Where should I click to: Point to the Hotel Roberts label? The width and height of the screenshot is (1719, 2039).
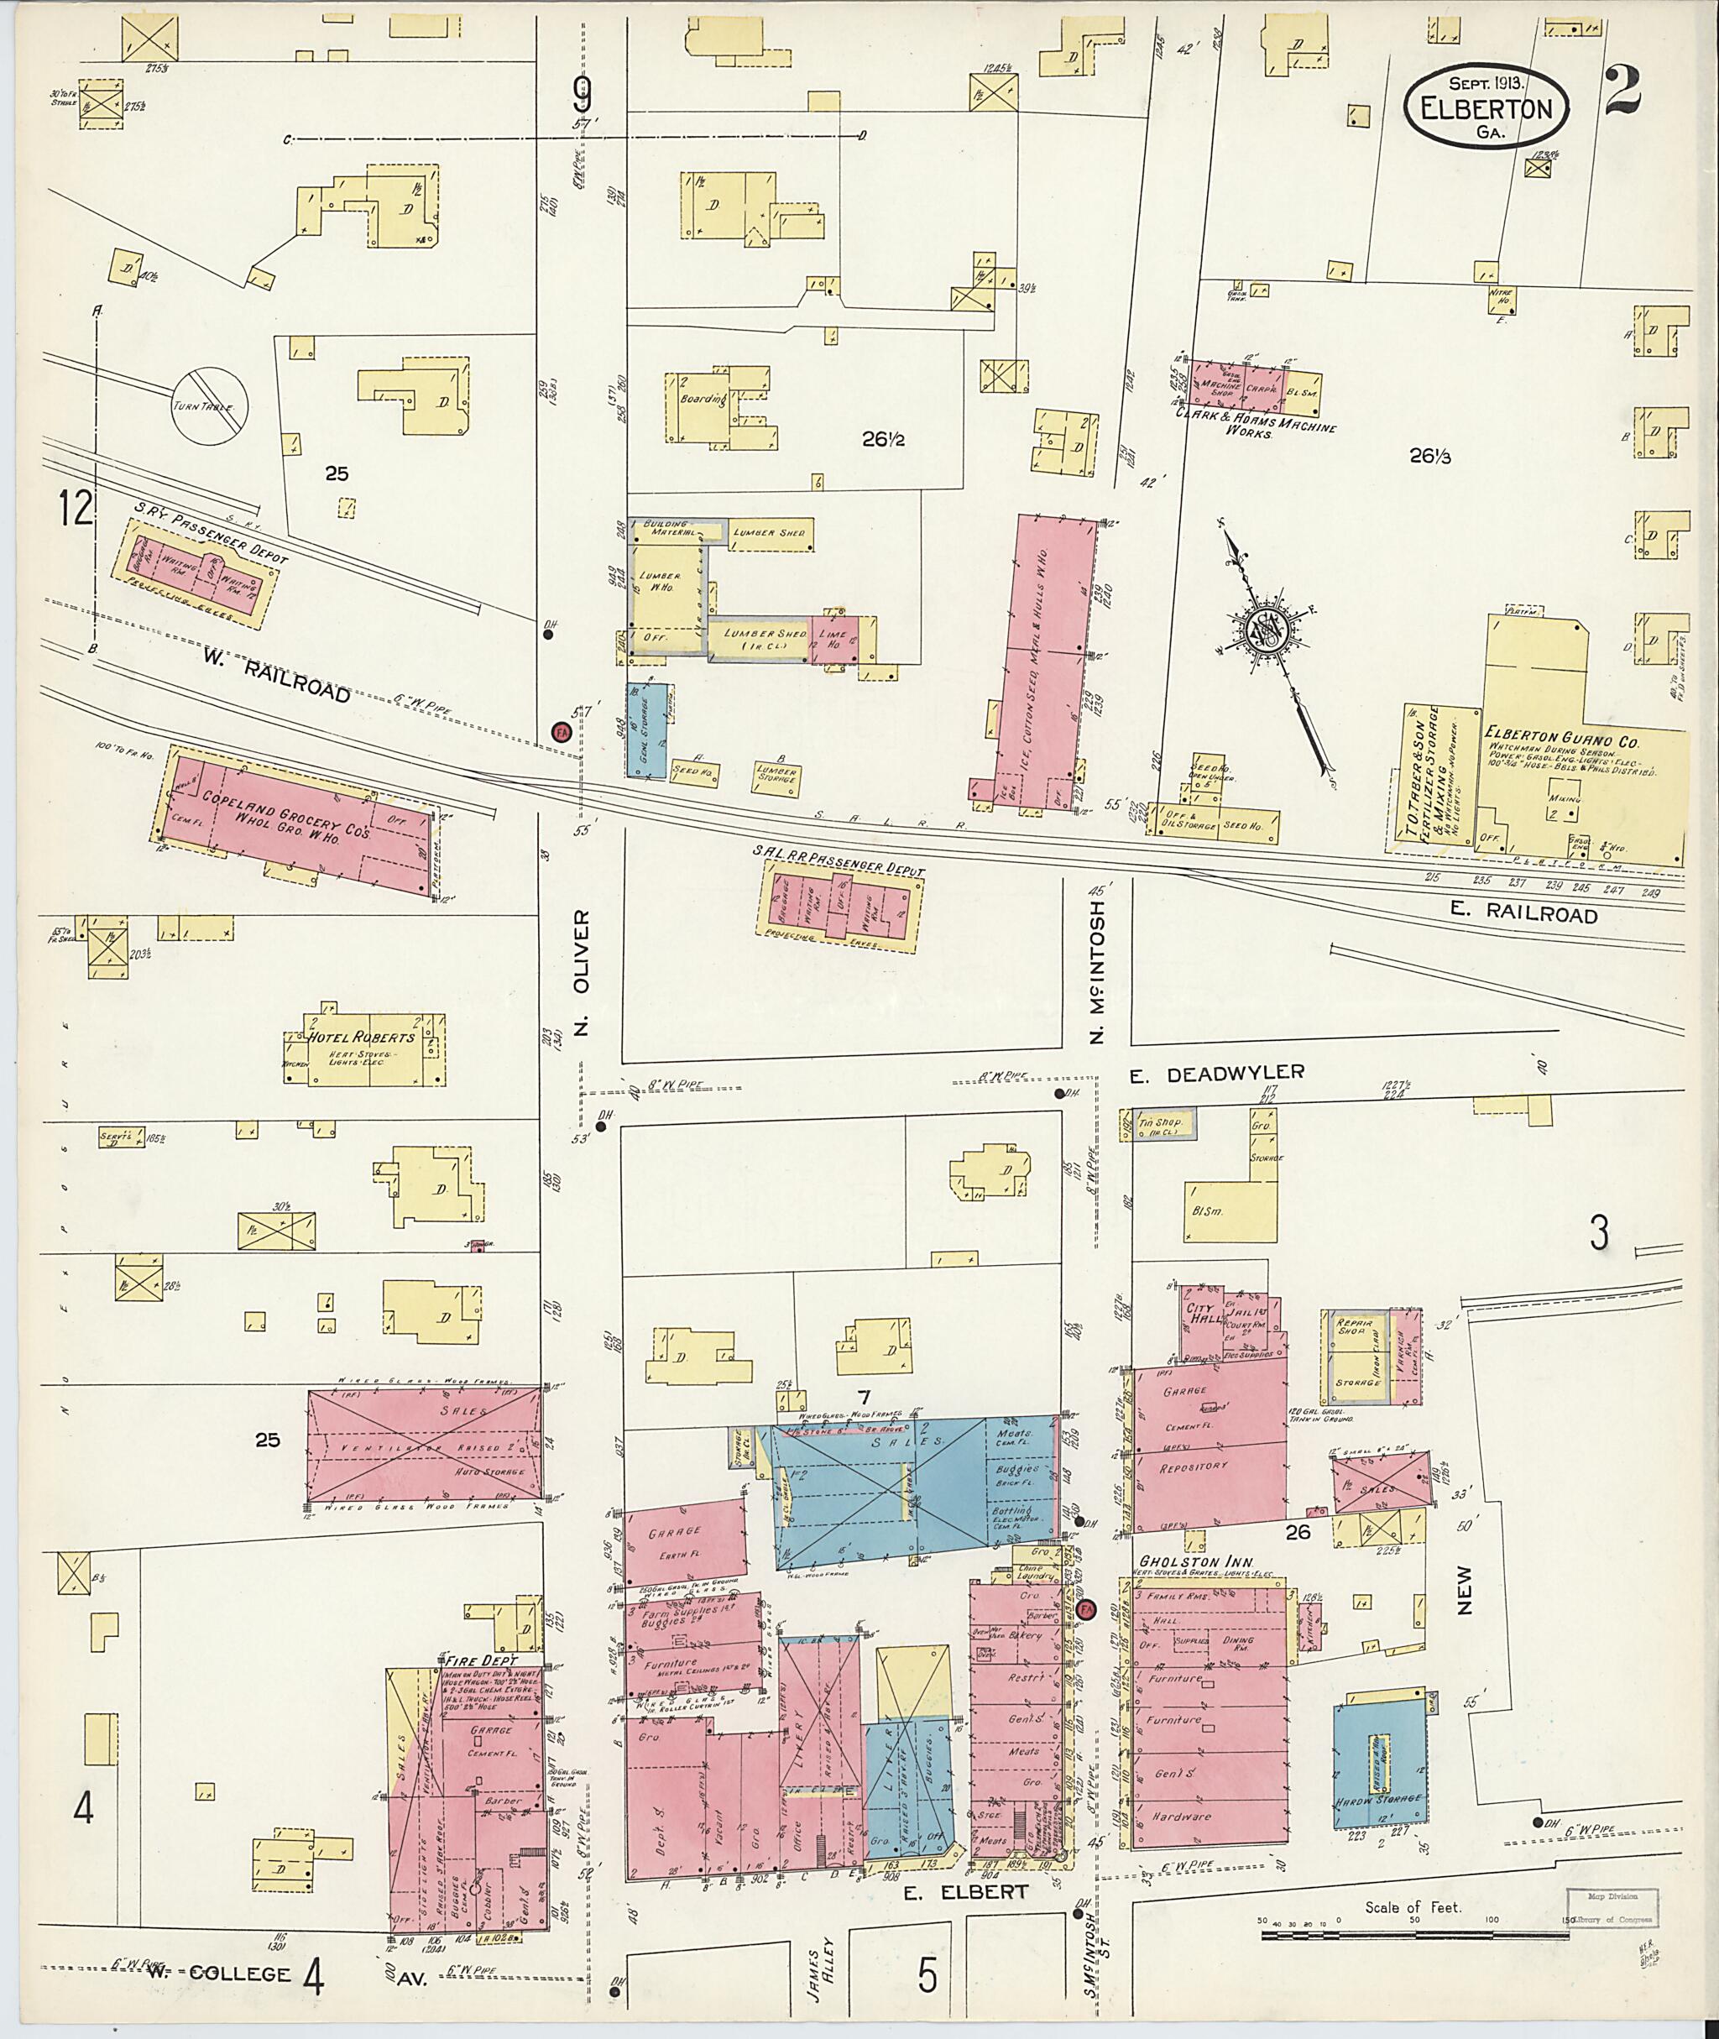pos(362,1037)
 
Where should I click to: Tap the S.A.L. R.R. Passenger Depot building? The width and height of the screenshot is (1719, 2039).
pos(840,902)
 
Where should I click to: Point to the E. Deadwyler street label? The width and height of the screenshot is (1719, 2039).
pos(1216,1072)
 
